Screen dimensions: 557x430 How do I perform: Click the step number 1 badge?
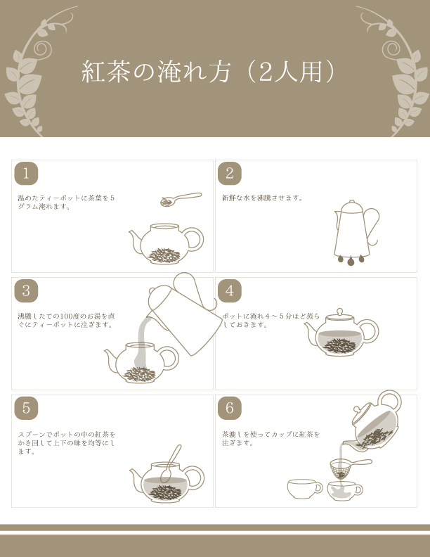point(26,174)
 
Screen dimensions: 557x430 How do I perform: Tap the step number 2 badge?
point(230,174)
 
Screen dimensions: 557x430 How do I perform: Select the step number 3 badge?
point(26,290)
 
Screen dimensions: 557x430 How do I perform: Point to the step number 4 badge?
point(230,290)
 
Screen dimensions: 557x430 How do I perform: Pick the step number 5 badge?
point(26,408)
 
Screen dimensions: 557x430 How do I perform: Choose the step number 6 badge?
point(230,408)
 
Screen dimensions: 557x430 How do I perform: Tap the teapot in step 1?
point(165,243)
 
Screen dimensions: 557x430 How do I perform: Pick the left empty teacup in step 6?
point(304,489)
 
